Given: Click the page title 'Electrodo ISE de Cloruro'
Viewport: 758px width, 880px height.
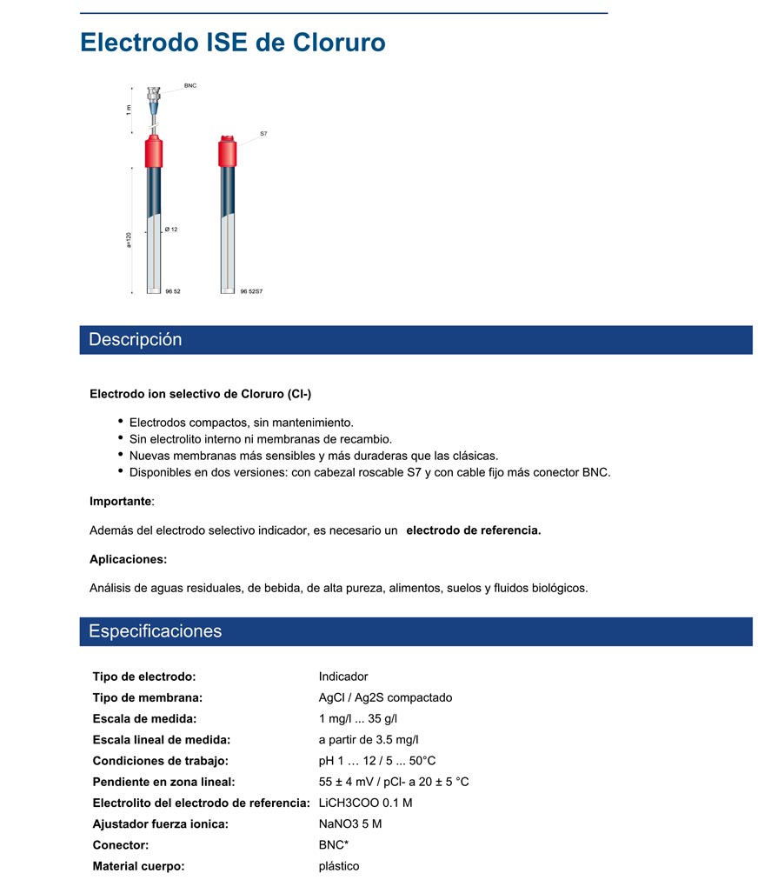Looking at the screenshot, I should (232, 43).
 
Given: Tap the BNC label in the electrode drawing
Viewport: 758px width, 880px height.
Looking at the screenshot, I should (190, 86).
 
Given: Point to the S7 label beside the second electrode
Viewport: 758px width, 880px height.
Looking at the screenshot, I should (263, 134).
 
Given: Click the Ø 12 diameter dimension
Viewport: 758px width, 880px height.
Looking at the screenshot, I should (171, 230).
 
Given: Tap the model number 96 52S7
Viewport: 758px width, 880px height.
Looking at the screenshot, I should (251, 291).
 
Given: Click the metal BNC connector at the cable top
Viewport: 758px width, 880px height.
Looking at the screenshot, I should (154, 92).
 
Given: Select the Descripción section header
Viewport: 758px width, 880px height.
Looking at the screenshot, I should (136, 340).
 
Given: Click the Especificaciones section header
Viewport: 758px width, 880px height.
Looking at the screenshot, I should (156, 631).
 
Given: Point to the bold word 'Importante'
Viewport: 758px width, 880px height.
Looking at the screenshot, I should (120, 501).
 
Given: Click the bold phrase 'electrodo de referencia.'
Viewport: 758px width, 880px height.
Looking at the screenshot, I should (474, 530).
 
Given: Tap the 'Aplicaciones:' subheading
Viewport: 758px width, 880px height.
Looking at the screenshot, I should (128, 559).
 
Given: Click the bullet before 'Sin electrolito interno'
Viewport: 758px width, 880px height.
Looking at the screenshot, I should (120, 439).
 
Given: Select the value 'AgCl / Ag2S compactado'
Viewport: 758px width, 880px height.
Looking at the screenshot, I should (385, 697).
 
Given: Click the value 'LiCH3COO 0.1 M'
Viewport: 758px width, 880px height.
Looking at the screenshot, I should (365, 803).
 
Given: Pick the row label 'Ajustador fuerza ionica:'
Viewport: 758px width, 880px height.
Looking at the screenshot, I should (160, 823).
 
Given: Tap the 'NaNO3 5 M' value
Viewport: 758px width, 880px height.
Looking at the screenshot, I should (350, 823).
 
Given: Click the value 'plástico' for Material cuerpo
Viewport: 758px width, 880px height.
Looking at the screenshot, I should (339, 866).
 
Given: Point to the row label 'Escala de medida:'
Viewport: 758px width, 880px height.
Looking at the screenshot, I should (144, 718).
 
